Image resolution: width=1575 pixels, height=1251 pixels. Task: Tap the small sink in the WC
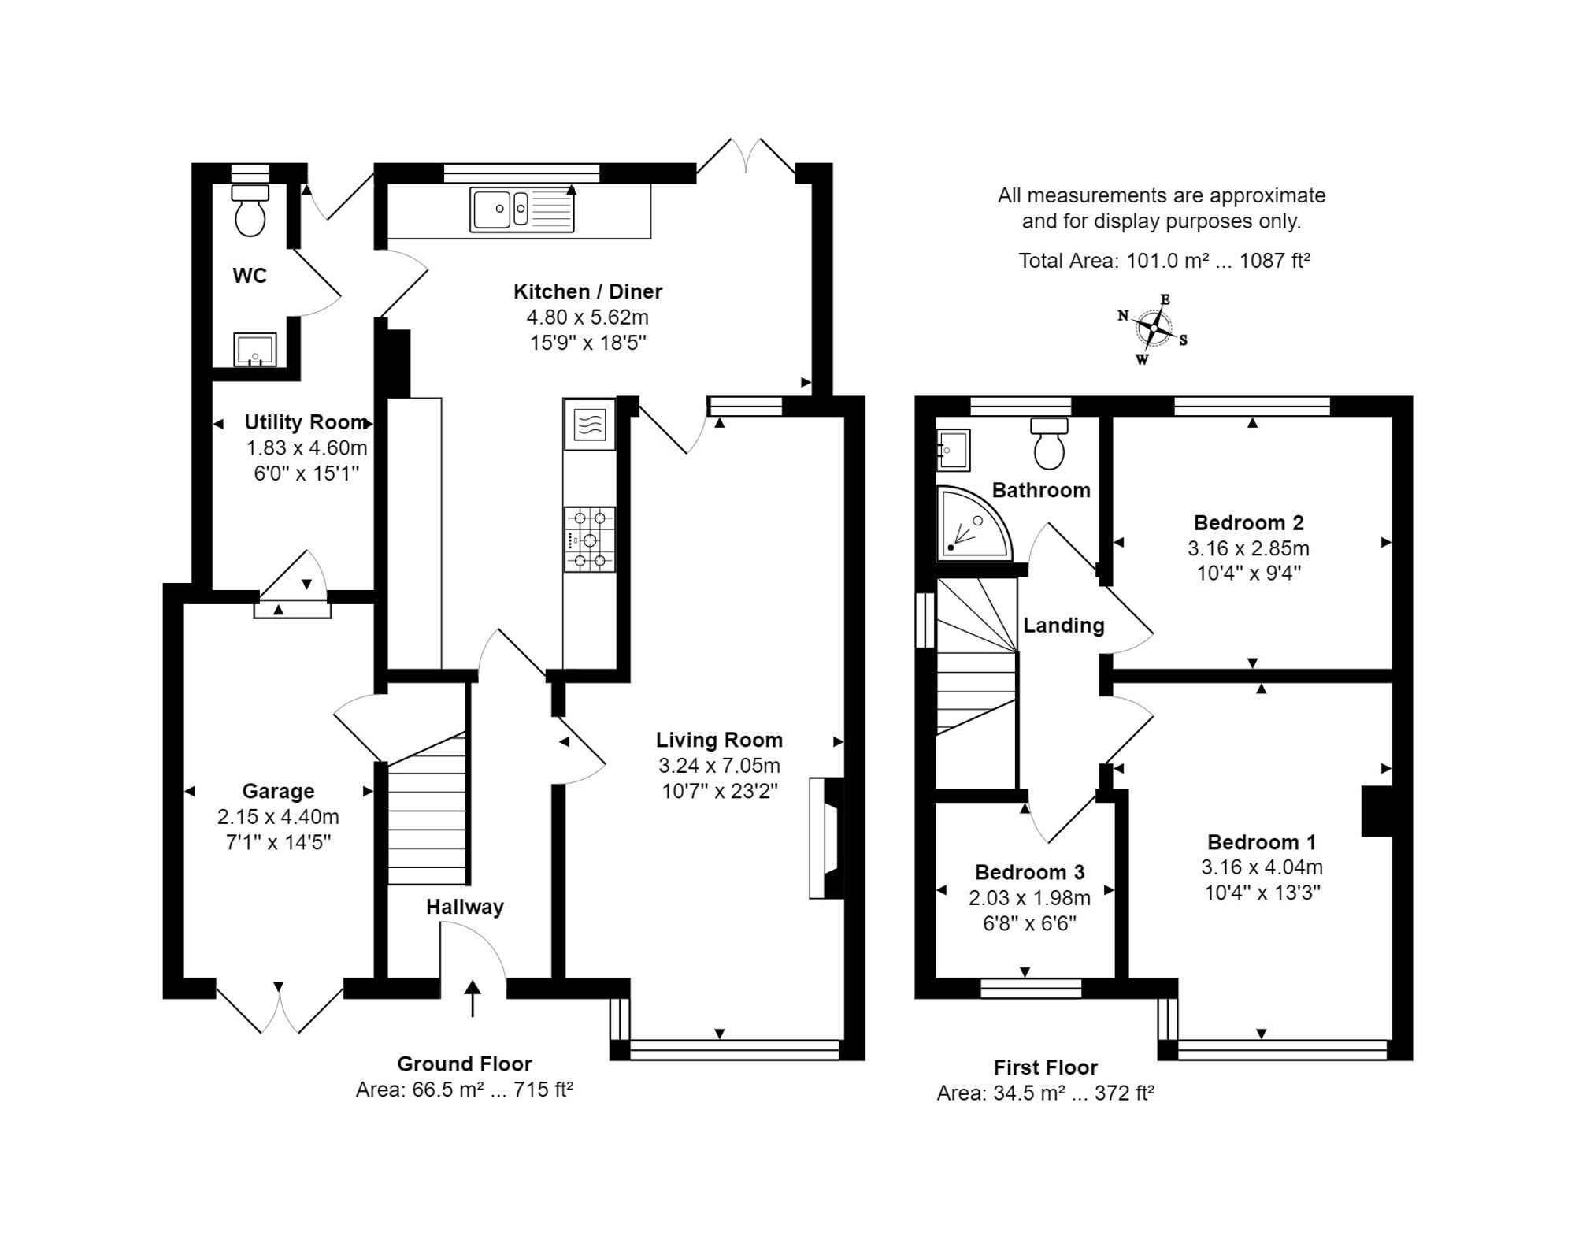tap(255, 349)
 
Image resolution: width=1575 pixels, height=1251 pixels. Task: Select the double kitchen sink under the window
tap(522, 210)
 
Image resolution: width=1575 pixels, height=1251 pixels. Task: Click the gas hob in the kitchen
tap(589, 540)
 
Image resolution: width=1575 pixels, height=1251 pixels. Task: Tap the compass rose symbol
tap(1153, 329)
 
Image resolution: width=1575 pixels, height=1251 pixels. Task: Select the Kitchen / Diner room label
tap(587, 291)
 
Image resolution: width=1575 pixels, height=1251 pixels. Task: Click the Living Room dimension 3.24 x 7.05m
tap(719, 765)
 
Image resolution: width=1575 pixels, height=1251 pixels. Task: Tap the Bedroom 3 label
tap(1029, 872)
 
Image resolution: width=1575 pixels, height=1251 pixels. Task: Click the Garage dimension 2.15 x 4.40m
tap(278, 816)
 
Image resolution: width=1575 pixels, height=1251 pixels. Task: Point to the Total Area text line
tap(1163, 261)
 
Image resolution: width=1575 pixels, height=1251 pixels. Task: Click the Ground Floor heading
tap(464, 1064)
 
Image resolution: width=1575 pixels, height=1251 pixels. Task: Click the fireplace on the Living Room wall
tap(825, 838)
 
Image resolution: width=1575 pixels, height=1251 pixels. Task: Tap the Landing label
tap(1063, 625)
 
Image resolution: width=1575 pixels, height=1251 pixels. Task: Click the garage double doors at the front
tap(280, 1009)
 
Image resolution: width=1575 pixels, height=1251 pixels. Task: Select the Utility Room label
tap(305, 422)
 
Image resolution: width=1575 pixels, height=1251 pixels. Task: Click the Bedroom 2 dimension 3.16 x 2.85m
tap(1248, 548)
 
